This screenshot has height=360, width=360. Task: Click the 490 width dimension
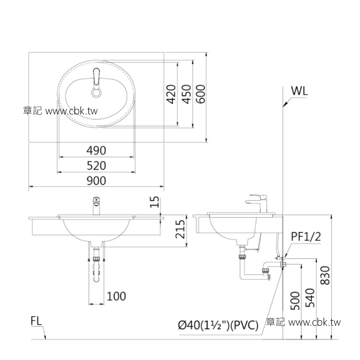pos(96,150)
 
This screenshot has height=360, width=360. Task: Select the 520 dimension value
pos(96,165)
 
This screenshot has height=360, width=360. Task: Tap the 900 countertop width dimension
pos(96,180)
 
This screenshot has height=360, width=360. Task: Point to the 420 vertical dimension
pos(171,94)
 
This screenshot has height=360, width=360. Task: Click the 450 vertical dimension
pos(186,94)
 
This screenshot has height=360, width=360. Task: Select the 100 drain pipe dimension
pos(116,296)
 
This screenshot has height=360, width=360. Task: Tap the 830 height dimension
pos(326,276)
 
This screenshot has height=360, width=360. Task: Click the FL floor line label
pos(37,322)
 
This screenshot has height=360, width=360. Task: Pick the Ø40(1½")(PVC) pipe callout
pos(218,324)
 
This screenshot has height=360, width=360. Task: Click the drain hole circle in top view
pos(97,93)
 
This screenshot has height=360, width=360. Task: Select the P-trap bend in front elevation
pos(97,277)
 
